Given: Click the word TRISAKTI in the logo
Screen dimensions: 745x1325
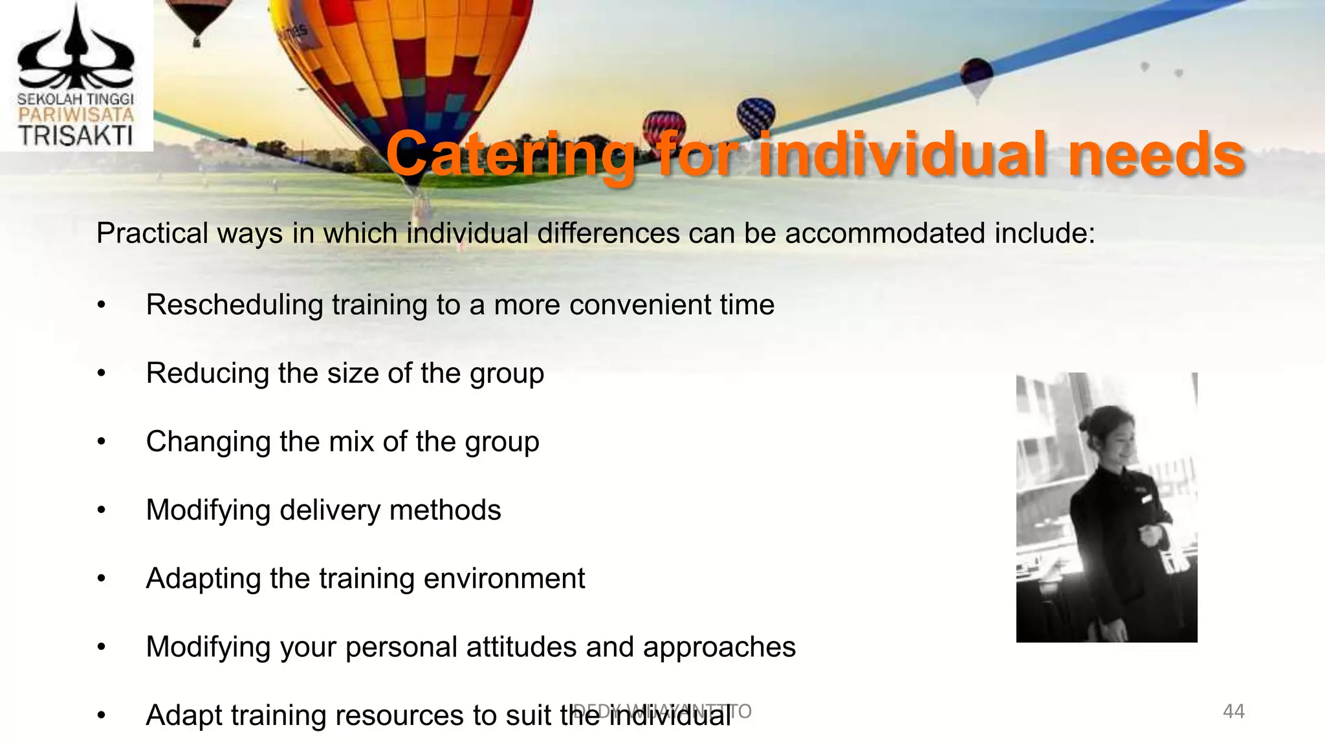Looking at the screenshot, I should (x=76, y=136).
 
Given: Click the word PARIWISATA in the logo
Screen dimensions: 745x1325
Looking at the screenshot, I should (x=76, y=115).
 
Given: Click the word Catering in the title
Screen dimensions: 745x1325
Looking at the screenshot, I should (x=511, y=155).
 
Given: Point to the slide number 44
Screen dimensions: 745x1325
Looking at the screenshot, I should (x=1233, y=711).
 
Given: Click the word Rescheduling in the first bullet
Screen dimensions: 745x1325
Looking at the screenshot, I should (x=234, y=305).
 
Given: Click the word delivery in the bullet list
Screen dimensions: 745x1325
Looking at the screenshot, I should (x=329, y=510).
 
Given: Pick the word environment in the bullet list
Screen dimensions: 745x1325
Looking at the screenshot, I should (x=504, y=578).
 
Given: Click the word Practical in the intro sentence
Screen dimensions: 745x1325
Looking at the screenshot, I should (x=152, y=233).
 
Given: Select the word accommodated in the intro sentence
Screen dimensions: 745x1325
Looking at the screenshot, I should (x=884, y=233).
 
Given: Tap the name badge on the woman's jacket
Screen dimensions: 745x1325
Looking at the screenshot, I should (x=1146, y=499).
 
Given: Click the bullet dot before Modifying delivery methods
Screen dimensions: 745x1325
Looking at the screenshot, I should (x=101, y=511).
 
